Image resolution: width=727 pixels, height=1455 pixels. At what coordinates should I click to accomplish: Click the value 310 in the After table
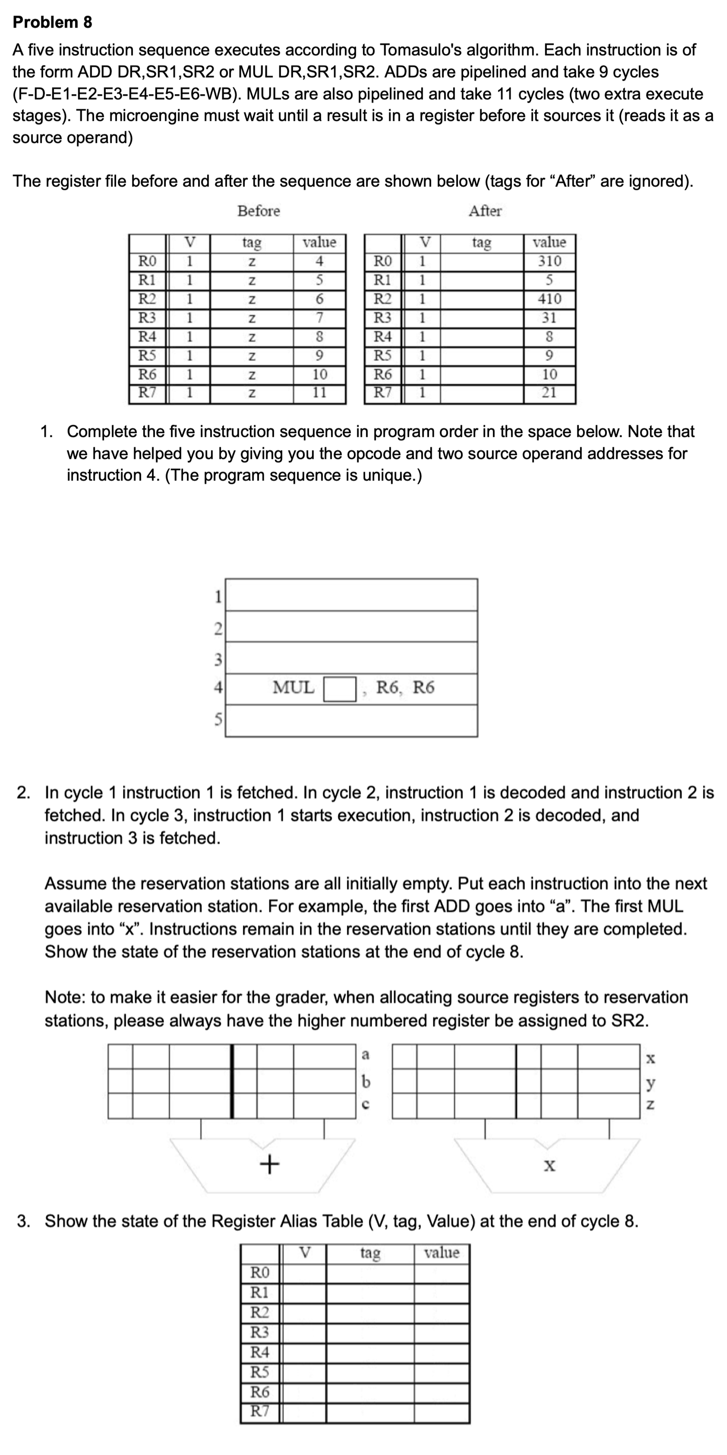tap(549, 261)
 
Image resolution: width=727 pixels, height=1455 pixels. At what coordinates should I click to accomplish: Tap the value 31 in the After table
tap(549, 317)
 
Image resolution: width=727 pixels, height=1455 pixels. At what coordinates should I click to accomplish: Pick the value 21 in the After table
tap(549, 393)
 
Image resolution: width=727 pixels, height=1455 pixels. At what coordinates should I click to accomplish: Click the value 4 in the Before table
tap(319, 261)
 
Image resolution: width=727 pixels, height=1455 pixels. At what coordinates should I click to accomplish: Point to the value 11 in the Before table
tap(319, 393)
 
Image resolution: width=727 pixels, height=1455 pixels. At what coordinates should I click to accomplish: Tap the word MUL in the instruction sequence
tap(293, 687)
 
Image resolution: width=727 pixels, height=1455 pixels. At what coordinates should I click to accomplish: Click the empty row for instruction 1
tap(351, 595)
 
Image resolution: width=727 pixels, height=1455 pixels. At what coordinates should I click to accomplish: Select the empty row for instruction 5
tap(351, 721)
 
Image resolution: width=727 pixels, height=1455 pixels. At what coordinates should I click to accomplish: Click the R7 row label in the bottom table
tap(260, 1411)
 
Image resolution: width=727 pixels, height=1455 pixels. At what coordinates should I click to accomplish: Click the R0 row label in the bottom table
tap(260, 1272)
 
